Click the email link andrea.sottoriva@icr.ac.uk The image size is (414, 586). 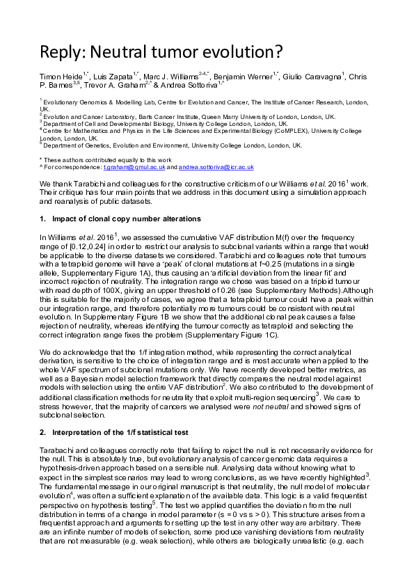[x=216, y=168]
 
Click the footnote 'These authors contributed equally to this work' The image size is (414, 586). [x=100, y=159]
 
